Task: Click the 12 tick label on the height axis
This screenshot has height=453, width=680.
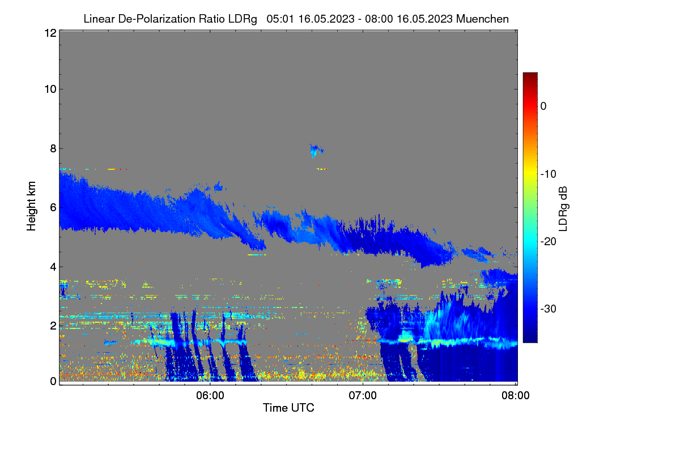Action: [x=50, y=33]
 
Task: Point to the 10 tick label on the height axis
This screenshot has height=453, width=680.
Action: [x=50, y=89]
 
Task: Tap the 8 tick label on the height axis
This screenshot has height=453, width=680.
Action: [x=53, y=149]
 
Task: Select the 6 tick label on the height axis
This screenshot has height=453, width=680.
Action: [x=53, y=208]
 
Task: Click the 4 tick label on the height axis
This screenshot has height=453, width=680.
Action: [x=53, y=267]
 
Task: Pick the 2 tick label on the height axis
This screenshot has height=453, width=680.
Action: [x=53, y=326]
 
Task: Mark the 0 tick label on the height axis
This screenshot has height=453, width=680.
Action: [x=53, y=381]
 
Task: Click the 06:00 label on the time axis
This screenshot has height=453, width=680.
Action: [x=210, y=396]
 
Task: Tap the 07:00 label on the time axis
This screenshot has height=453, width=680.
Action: [x=363, y=396]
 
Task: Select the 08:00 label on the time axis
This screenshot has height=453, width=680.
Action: [x=516, y=396]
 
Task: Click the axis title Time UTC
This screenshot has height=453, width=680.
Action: [x=288, y=408]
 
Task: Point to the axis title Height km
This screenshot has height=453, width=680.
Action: [x=31, y=206]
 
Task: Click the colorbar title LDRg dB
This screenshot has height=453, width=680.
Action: [x=563, y=209]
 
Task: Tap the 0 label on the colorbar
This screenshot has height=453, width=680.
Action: [x=543, y=106]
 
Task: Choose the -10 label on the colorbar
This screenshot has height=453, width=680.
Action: [x=549, y=174]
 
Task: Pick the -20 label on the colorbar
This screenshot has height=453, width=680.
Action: [x=549, y=242]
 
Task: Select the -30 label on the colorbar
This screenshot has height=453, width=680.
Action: [x=549, y=309]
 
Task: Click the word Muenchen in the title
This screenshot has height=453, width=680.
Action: [x=482, y=19]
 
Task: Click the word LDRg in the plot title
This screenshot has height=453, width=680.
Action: [x=243, y=19]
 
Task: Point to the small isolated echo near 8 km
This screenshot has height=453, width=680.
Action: [x=316, y=151]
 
